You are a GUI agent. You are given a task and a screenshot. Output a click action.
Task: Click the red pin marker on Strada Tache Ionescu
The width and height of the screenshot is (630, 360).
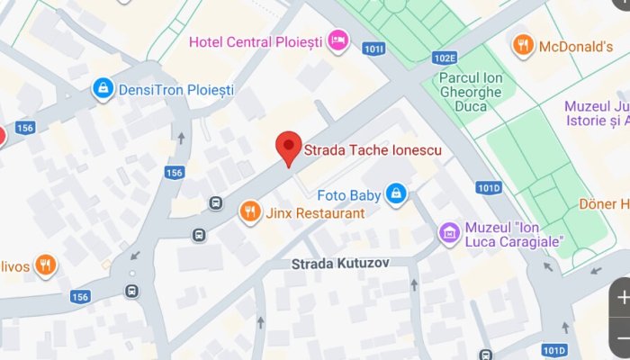pyautogui.click(x=288, y=146)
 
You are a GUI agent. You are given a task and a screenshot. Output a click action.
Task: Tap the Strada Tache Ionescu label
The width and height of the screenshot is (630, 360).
pyautogui.click(x=373, y=150)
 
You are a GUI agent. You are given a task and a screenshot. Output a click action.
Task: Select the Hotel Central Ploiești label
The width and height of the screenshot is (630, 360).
pyautogui.click(x=256, y=40)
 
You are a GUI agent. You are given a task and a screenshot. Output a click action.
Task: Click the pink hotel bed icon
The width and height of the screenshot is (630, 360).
pyautogui.click(x=337, y=39)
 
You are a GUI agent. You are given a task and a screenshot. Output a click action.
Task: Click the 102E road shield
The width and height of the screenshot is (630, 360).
pyautogui.click(x=444, y=58)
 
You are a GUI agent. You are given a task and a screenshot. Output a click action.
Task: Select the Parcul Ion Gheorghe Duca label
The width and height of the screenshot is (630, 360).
pyautogui.click(x=475, y=92)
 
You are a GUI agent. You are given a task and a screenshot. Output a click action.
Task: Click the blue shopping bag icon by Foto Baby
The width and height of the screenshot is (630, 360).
pyautogui.click(x=395, y=193)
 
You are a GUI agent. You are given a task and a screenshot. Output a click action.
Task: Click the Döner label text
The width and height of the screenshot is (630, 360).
pyautogui.click(x=603, y=204)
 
